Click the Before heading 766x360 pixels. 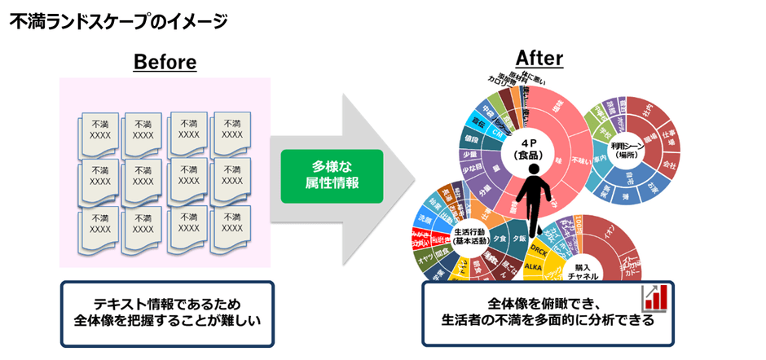[x=165, y=62]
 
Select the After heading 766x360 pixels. [x=539, y=58]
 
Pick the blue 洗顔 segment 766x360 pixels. [x=424, y=220]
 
